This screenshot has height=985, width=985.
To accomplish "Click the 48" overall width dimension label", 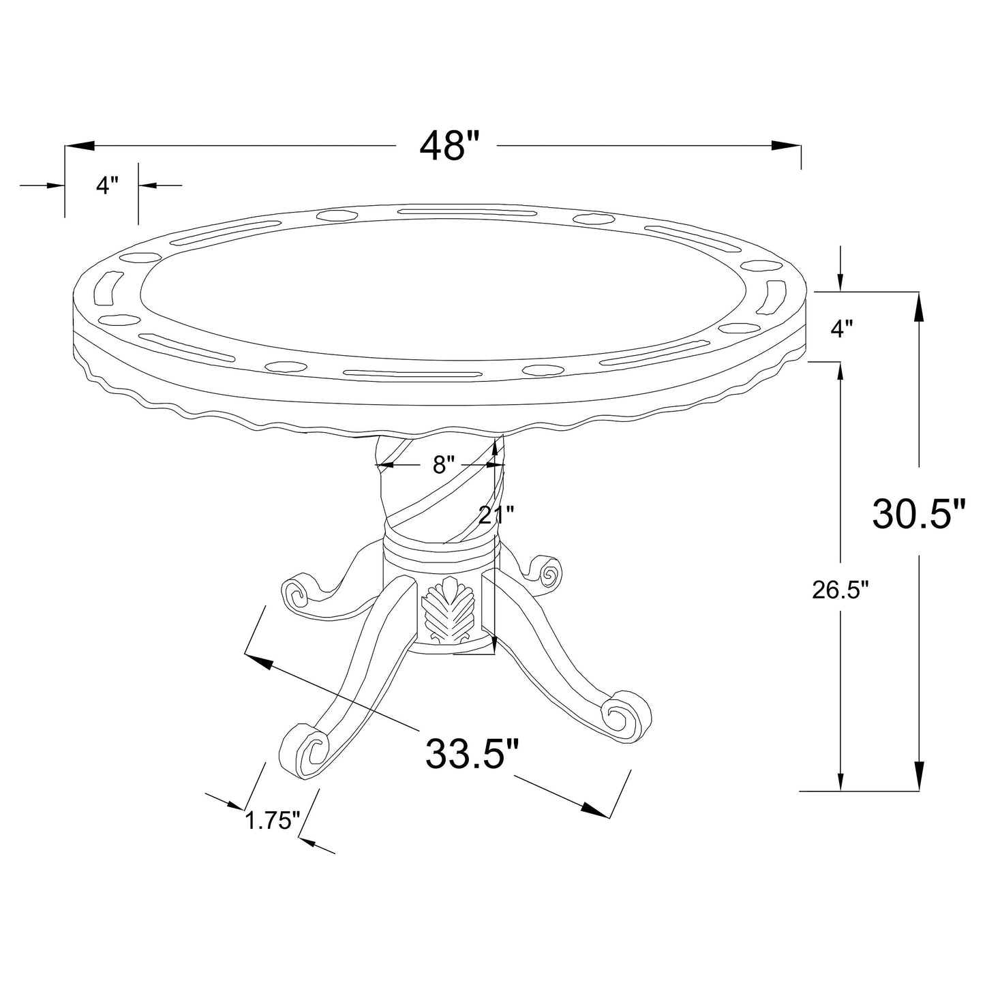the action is pos(449,146).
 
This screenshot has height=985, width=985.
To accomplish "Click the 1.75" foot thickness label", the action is pos(272,835).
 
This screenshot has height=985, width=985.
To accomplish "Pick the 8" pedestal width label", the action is pos(444,464).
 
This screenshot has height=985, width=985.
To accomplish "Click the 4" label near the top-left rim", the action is pos(108,185).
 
